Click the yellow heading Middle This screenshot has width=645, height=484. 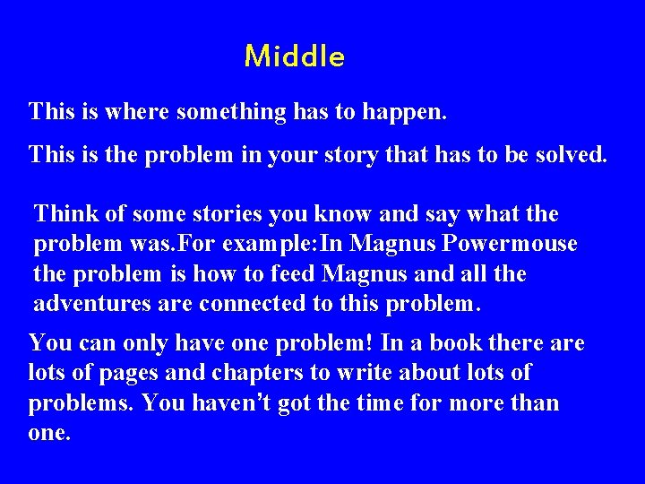[x=294, y=57]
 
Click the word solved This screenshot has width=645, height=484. [x=568, y=154]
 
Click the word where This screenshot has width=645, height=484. [x=139, y=112]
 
